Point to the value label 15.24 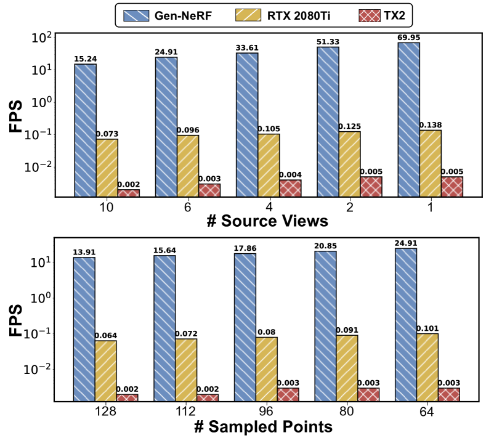pyautogui.click(x=85, y=59)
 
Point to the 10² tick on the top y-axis pyautogui.click(x=41, y=37)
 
